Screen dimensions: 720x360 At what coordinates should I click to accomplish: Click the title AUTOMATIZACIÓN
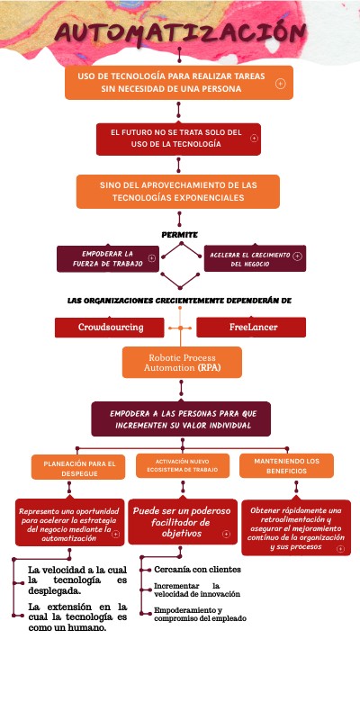point(179,33)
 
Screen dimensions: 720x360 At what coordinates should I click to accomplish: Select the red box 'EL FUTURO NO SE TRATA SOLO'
point(178,139)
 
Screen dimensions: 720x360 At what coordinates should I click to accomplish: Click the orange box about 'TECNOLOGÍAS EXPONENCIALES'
point(178,191)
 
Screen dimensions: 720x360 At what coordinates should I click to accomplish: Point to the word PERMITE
point(179,235)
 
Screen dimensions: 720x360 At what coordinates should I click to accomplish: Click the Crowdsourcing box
point(111,328)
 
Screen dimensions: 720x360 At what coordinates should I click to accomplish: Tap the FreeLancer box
point(253,328)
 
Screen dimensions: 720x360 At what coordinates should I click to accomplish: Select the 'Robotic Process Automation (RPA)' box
point(183,363)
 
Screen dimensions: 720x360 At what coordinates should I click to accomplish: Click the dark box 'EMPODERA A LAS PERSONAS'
point(183,418)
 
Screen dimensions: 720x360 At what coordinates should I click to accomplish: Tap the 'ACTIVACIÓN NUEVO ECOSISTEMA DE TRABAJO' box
point(181,465)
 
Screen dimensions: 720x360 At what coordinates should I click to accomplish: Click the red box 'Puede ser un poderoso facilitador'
point(179,521)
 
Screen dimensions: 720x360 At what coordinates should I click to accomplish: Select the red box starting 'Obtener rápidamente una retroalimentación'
point(296,527)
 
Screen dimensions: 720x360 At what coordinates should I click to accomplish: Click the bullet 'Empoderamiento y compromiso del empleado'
point(199,614)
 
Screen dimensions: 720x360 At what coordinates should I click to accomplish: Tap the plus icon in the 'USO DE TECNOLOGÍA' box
point(281,84)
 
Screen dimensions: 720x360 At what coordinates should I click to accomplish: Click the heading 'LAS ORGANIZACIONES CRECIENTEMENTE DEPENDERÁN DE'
point(179,300)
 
